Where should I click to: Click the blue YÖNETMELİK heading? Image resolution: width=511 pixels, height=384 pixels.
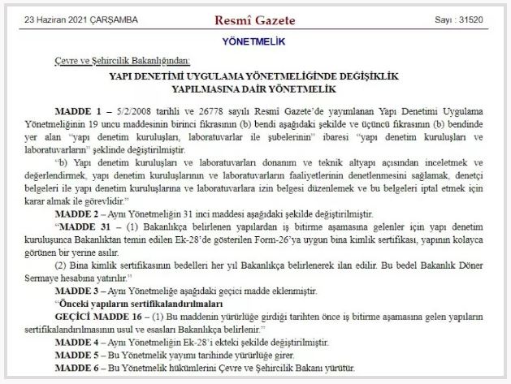pos(256,41)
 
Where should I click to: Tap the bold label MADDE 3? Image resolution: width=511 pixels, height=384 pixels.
pos(79,291)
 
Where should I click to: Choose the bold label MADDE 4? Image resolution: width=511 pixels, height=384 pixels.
pos(79,343)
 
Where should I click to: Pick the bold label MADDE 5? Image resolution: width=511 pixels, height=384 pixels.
pos(79,356)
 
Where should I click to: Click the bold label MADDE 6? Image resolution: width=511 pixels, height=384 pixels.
pos(79,369)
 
